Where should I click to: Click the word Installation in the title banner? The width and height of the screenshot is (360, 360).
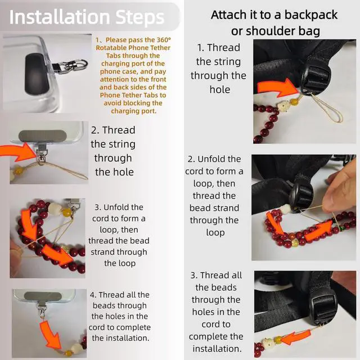(x=60, y=17)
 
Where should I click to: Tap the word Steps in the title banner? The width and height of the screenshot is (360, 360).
(x=140, y=18)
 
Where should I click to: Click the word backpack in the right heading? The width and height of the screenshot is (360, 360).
(x=311, y=15)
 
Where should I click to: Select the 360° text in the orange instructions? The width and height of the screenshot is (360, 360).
(x=164, y=40)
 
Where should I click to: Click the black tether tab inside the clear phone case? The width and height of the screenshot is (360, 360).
(x=37, y=74)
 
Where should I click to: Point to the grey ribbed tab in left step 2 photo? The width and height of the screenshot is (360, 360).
(x=43, y=136)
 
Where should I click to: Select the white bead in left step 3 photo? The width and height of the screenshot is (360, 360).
(x=55, y=209)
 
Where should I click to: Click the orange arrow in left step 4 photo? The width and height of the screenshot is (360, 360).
(x=50, y=334)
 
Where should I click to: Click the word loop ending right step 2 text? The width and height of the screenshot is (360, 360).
(x=215, y=232)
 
